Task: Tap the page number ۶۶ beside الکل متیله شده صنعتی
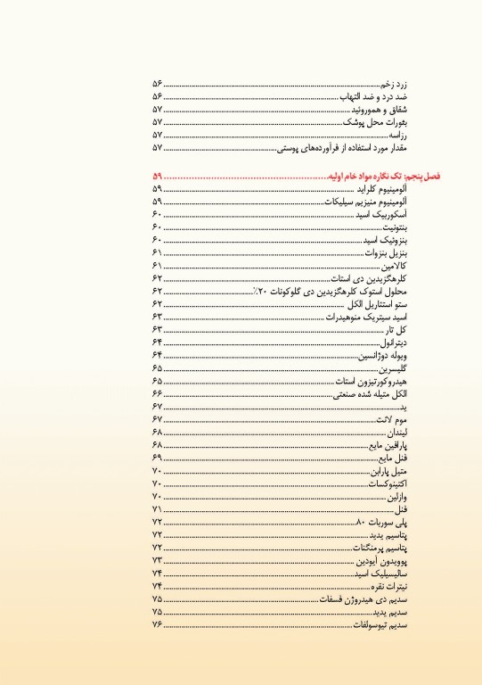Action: [x=157, y=393]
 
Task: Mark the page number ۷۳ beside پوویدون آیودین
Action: [x=157, y=559]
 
